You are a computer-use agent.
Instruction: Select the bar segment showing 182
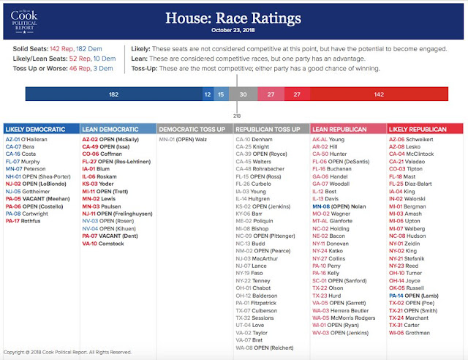113,94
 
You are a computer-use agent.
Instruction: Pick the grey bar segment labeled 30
243,94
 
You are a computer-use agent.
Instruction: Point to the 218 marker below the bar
236,115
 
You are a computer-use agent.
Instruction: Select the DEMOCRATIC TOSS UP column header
194,128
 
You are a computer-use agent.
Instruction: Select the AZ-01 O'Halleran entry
29,138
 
